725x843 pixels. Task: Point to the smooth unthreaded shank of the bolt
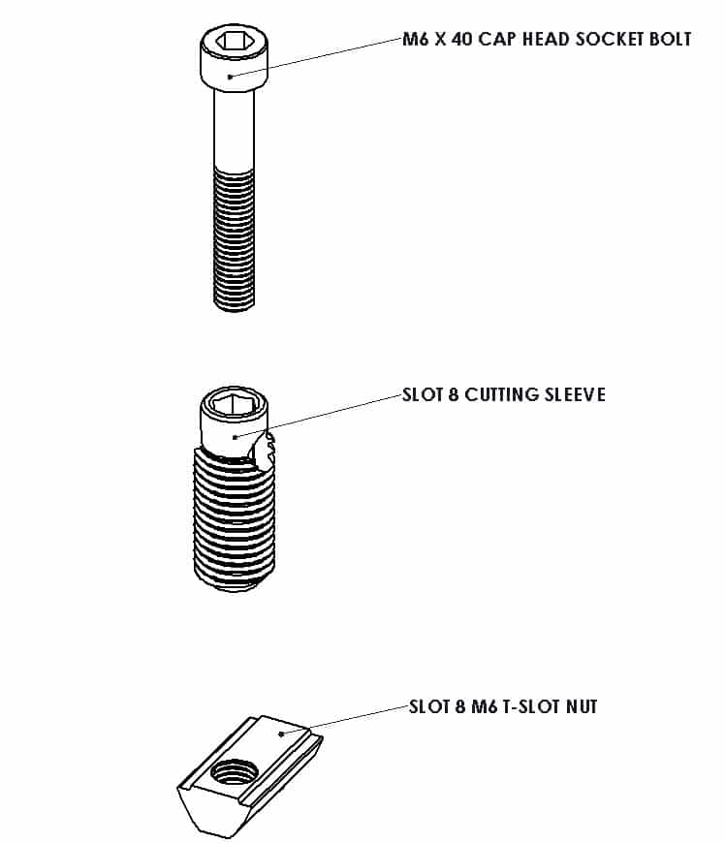(x=234, y=129)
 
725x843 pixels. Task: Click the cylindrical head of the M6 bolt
(x=234, y=57)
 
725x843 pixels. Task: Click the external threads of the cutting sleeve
(x=234, y=518)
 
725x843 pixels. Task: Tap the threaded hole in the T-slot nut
(x=234, y=773)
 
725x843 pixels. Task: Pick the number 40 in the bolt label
(x=461, y=40)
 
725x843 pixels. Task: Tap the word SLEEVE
(x=575, y=394)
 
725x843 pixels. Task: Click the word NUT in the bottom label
(x=582, y=706)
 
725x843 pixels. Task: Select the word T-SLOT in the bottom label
(x=531, y=706)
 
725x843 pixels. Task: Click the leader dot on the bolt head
(x=230, y=77)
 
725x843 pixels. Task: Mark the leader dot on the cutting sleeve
(x=235, y=437)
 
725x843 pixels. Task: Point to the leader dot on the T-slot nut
(x=281, y=734)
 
